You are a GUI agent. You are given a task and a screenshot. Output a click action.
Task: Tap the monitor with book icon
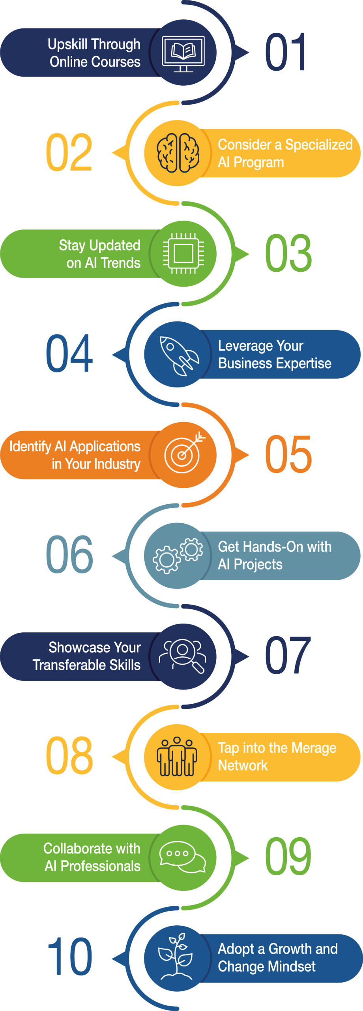[183, 54]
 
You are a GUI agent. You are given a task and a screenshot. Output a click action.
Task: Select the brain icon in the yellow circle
[178, 153]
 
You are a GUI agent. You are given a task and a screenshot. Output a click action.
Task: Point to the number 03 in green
[288, 253]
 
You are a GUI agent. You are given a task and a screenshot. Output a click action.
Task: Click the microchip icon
[183, 254]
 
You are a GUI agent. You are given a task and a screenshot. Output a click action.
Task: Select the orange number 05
[288, 455]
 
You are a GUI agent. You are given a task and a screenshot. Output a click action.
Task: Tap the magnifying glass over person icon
[183, 656]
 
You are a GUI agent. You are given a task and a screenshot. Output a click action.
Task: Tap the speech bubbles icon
[182, 857]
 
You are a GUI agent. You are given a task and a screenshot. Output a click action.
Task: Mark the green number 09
[288, 857]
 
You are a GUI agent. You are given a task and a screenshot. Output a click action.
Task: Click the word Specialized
[319, 145]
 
